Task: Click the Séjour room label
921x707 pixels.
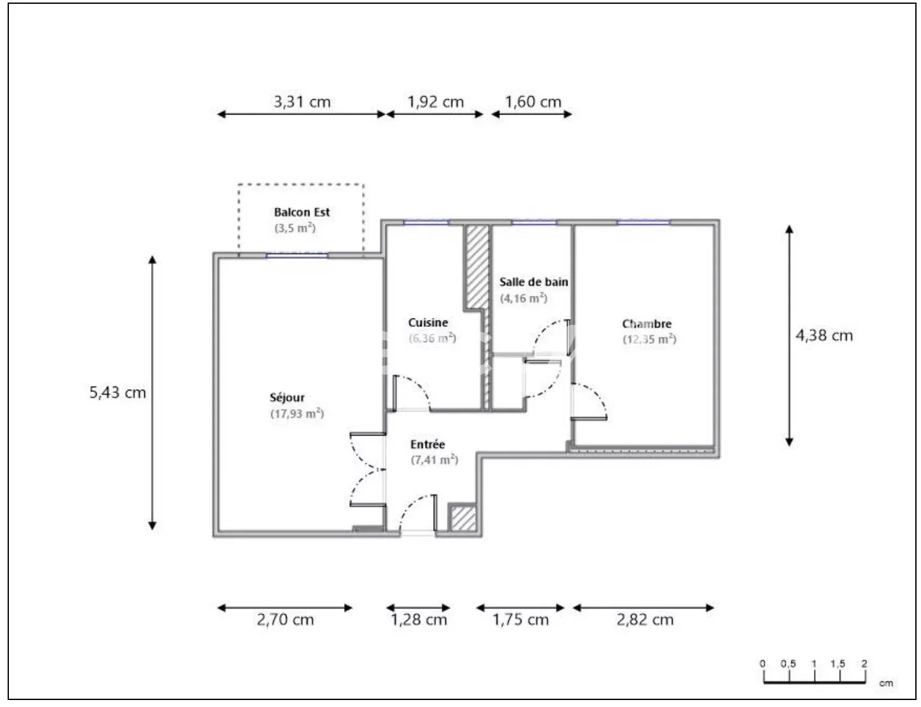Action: pyautogui.click(x=287, y=398)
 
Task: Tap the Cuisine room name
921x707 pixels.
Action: pyautogui.click(x=428, y=322)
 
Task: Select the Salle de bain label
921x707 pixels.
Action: pyautogui.click(x=534, y=282)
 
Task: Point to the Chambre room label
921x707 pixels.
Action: pyautogui.click(x=647, y=324)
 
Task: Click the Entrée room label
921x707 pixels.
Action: pyautogui.click(x=427, y=444)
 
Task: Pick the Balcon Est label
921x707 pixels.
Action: pyautogui.click(x=302, y=212)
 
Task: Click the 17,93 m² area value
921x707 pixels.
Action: pyautogui.click(x=297, y=413)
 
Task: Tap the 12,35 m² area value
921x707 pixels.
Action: pyautogui.click(x=649, y=340)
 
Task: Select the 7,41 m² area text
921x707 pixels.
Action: pyautogui.click(x=434, y=460)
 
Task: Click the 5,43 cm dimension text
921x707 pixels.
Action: pyautogui.click(x=118, y=392)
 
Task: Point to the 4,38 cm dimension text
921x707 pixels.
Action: pyautogui.click(x=824, y=336)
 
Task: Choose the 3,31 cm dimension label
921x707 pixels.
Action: pyautogui.click(x=302, y=102)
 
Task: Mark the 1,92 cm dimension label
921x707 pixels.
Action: pyautogui.click(x=436, y=102)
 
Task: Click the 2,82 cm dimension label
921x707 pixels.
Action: pyautogui.click(x=645, y=620)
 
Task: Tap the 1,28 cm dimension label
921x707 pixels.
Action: pyautogui.click(x=419, y=620)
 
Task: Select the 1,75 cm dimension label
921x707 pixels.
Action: pyautogui.click(x=520, y=620)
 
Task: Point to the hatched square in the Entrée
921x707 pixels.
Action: pyautogui.click(x=463, y=518)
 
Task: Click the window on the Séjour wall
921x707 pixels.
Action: pyautogui.click(x=297, y=256)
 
